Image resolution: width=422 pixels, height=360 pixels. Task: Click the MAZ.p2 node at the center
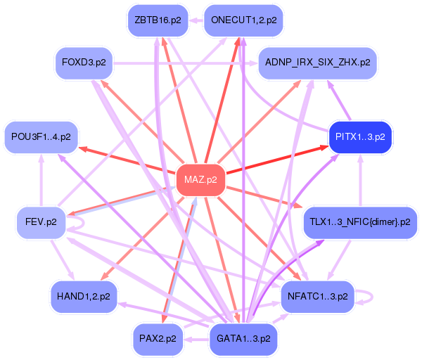(200, 180)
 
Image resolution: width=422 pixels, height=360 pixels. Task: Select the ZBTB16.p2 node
(158, 20)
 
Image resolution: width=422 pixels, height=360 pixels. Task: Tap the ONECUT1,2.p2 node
(243, 20)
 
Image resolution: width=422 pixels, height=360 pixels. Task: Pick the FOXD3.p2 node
(84, 63)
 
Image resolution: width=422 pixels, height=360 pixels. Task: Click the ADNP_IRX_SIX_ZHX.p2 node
(318, 63)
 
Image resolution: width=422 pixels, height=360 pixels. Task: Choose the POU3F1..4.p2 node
(41, 136)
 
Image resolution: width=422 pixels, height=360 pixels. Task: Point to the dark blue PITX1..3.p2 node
(359, 136)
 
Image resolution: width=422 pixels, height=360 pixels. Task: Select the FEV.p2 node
(41, 222)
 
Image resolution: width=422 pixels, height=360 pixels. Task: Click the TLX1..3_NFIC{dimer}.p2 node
(360, 222)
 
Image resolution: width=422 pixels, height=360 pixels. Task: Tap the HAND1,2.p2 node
(84, 296)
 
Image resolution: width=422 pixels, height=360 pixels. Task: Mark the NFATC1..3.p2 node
(317, 296)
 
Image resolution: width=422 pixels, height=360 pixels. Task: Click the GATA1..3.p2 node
(243, 339)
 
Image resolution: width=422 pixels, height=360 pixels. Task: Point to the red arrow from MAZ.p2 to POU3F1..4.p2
(127, 160)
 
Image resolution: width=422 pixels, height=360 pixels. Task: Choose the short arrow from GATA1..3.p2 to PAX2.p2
(196, 339)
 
